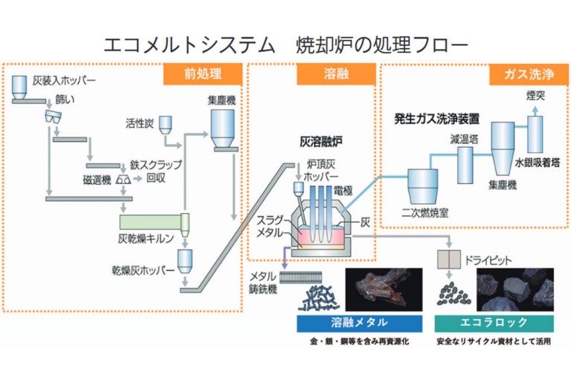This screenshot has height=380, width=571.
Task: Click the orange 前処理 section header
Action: pyautogui.click(x=203, y=74)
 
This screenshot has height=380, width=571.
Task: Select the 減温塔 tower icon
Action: pyautogui.click(x=465, y=164)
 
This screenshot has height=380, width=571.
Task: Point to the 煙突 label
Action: pyautogui.click(x=535, y=95)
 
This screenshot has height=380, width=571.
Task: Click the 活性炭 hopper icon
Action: pyautogui.click(x=167, y=124)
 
